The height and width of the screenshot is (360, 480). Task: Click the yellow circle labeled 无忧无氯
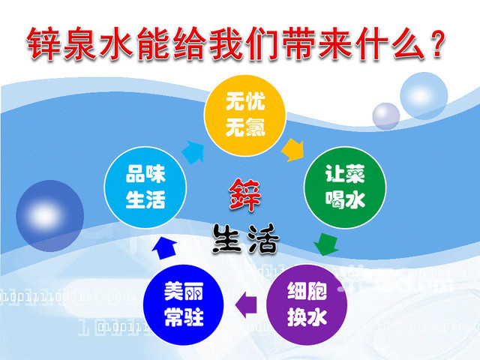click(245, 115)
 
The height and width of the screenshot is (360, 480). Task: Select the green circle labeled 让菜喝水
click(345, 187)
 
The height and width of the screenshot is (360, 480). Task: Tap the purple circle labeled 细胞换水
click(307, 305)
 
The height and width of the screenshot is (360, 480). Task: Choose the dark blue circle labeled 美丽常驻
click(184, 305)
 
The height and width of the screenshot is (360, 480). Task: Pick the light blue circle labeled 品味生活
click(145, 187)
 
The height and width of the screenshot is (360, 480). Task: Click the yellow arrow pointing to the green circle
click(292, 150)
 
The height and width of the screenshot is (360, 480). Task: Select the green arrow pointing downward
click(326, 244)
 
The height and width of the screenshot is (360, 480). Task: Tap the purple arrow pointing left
click(246, 305)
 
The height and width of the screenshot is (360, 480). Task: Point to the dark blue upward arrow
click(164, 249)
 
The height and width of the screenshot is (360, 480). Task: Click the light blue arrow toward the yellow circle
click(193, 152)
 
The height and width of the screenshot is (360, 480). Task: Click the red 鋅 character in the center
click(245, 195)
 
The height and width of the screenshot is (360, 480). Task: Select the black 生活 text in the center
click(245, 238)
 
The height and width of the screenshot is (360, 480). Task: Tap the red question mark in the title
click(436, 43)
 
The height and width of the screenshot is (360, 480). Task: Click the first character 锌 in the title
click(43, 43)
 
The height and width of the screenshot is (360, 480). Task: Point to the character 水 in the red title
click(116, 43)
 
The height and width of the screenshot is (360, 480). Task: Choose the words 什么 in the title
click(390, 43)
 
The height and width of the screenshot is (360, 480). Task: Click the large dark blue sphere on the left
click(50, 216)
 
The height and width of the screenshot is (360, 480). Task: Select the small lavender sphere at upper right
click(386, 116)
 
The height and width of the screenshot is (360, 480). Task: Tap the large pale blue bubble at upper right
click(424, 96)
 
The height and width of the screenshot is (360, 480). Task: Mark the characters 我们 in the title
click(245, 43)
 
